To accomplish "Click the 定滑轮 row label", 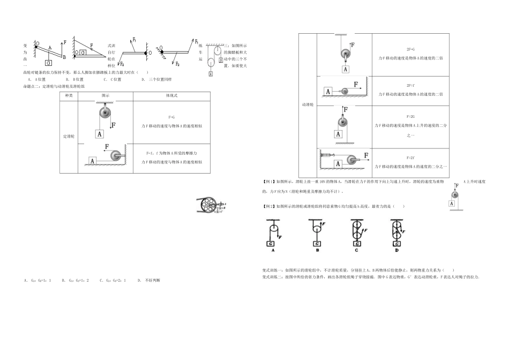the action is coord(69,137).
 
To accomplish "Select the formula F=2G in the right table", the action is coord(410,116).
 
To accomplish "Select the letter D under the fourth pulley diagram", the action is coord(396,250).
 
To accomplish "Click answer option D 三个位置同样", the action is coord(156,79).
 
